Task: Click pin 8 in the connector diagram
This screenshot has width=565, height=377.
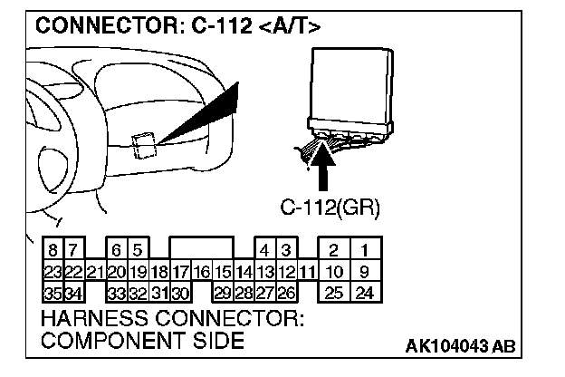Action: pos(53,249)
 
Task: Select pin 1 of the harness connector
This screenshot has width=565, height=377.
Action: pos(364,249)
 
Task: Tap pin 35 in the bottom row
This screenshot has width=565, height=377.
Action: pos(53,292)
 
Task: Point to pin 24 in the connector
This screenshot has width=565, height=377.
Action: pos(364,292)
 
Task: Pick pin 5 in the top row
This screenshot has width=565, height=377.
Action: pos(137,249)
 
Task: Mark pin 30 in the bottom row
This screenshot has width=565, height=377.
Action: pos(179,292)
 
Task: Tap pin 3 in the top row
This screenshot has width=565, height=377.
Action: pos(285,249)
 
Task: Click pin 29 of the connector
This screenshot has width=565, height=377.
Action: pos(222,292)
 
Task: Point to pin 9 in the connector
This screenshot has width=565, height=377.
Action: pos(364,271)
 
